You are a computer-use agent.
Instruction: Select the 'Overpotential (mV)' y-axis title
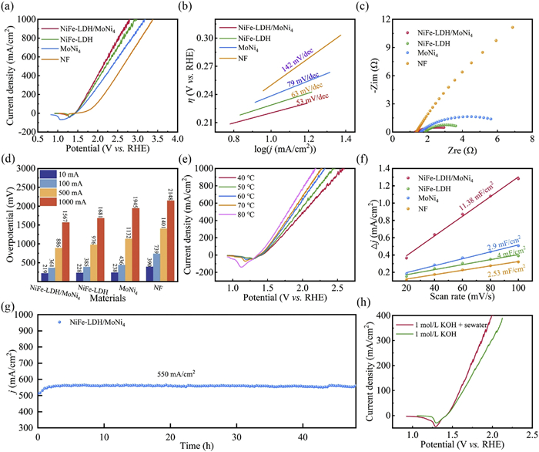pyautogui.click(x=8, y=221)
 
